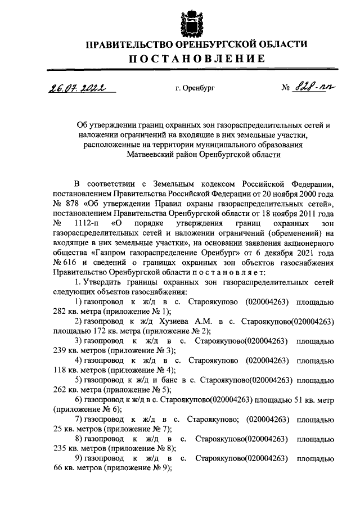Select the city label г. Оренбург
click(x=191, y=88)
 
